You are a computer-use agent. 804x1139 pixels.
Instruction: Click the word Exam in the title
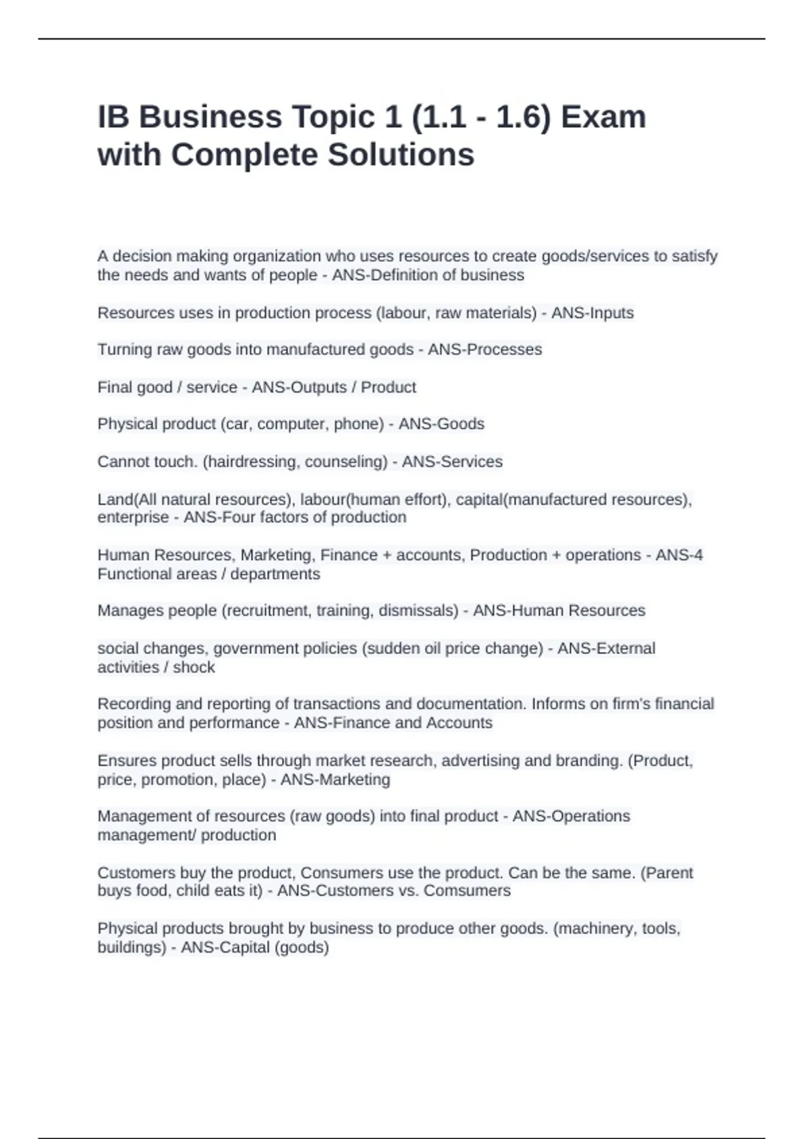coord(603,117)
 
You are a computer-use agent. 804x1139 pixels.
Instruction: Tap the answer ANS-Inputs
coord(592,313)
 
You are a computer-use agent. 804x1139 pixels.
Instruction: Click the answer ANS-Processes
coord(484,350)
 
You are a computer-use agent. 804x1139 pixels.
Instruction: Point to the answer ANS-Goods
coord(441,424)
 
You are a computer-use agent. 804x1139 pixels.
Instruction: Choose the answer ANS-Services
coord(452,462)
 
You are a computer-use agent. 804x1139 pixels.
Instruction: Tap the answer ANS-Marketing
coord(335,780)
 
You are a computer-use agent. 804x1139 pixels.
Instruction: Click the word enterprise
coord(133,517)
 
